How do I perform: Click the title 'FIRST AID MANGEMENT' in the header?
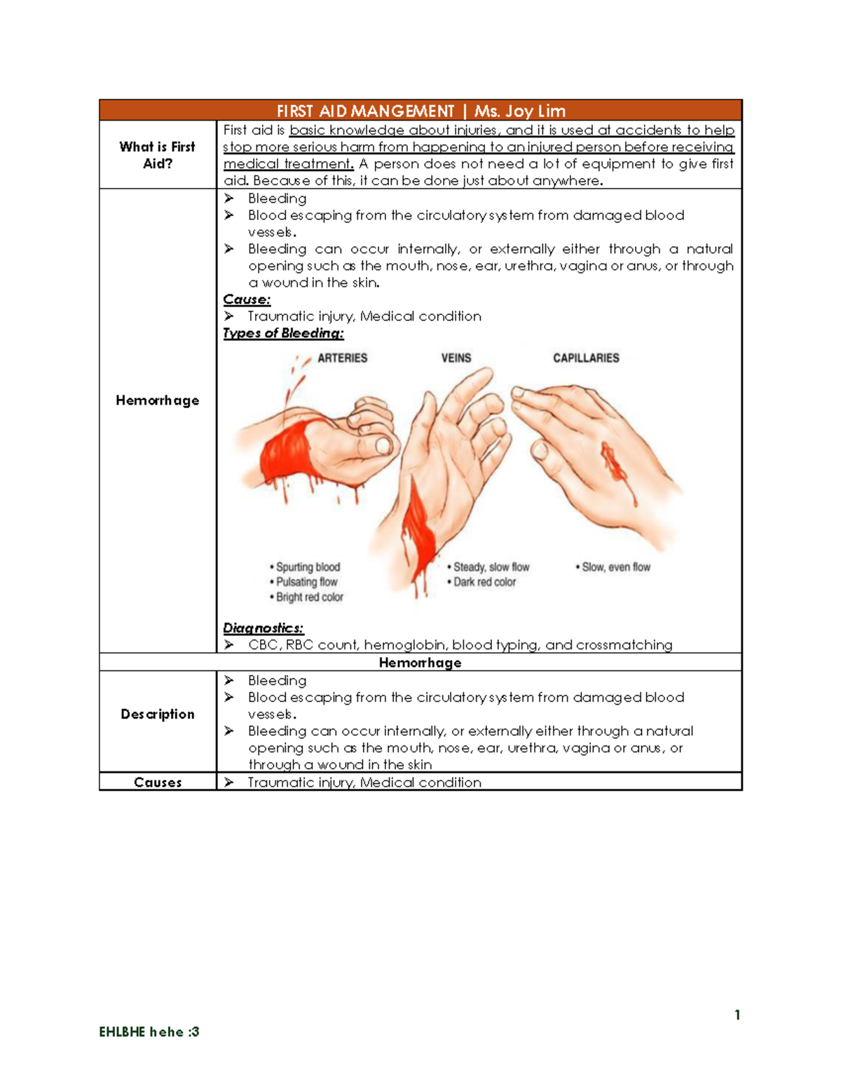[365, 111]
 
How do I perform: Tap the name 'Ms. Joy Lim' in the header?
[519, 111]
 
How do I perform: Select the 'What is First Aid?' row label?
[157, 155]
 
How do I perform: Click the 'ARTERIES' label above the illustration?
[342, 358]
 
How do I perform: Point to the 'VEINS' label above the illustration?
[456, 358]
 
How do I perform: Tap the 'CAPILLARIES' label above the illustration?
[586, 358]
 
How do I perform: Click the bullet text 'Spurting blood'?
[308, 567]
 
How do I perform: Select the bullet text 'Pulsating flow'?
[306, 582]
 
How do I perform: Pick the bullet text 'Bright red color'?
[309, 597]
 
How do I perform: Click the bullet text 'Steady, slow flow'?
[491, 567]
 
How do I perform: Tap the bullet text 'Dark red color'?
[484, 582]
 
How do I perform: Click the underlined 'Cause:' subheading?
[247, 299]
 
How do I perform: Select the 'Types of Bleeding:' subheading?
[283, 333]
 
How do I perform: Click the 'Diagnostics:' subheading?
[263, 628]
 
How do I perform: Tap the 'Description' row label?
[157, 714]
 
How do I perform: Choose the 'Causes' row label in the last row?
[157, 782]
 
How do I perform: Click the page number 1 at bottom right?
[737, 1015]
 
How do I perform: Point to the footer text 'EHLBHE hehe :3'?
[149, 1031]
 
